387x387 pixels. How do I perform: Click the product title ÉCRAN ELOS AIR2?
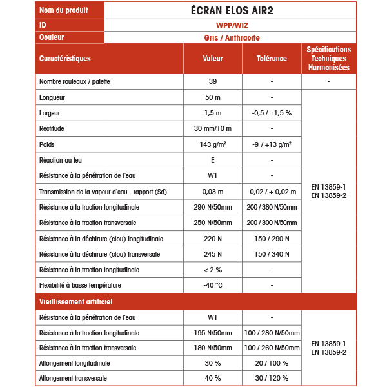(230, 10)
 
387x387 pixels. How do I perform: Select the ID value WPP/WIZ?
(230, 25)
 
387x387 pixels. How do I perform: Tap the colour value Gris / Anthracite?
(230, 37)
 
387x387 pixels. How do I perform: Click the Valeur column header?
(213, 59)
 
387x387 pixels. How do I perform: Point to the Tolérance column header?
(272, 59)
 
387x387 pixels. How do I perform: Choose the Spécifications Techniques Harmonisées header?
(328, 59)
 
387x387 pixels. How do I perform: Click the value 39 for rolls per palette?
(213, 82)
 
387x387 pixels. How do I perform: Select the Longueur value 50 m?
(213, 97)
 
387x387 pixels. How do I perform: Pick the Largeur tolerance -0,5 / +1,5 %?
(272, 113)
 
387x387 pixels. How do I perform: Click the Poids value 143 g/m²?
(213, 144)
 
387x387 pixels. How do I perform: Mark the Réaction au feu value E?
(213, 160)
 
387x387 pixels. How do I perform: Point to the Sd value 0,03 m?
(213, 192)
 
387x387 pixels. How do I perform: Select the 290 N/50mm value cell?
(213, 207)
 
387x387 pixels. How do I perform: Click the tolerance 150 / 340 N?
(272, 254)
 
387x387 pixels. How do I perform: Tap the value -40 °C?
(213, 285)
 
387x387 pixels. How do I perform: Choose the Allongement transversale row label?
(73, 378)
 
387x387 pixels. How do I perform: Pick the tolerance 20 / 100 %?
(272, 363)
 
